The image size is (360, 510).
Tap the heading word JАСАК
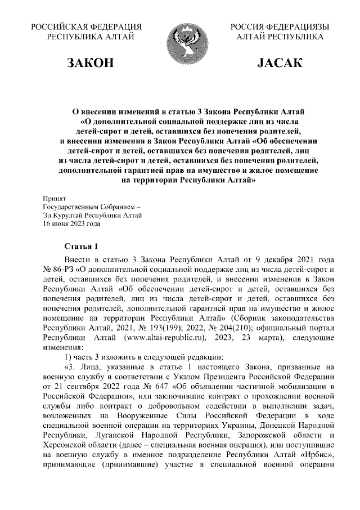pos(280,63)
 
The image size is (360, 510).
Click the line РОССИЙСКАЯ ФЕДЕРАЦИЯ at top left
pos(85,27)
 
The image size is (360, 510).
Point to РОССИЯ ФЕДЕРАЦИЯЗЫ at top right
pos(280,27)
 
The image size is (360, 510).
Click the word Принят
pos(55,199)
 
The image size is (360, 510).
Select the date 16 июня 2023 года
pos(73,222)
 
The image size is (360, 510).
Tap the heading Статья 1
pos(82,247)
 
